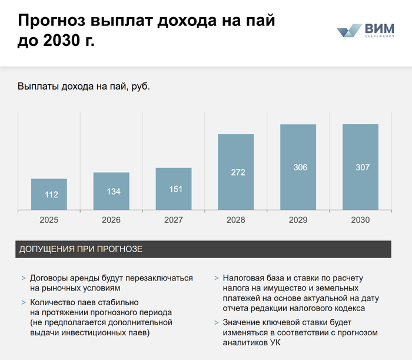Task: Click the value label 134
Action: pos(111,191)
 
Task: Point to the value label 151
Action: pos(174,189)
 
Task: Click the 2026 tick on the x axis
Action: pos(111,220)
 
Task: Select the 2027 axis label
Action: pos(174,220)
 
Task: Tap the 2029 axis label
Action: pos(298,220)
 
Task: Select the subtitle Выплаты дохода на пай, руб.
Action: pos(84,87)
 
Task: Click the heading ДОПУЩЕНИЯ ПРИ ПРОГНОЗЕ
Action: pos(81,249)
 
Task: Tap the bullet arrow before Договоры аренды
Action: pos(23,278)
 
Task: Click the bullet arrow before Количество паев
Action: pos(23,302)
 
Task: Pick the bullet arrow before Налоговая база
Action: pos(216,278)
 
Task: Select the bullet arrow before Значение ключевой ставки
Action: pos(216,323)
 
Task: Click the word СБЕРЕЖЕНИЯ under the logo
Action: pos(380,37)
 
